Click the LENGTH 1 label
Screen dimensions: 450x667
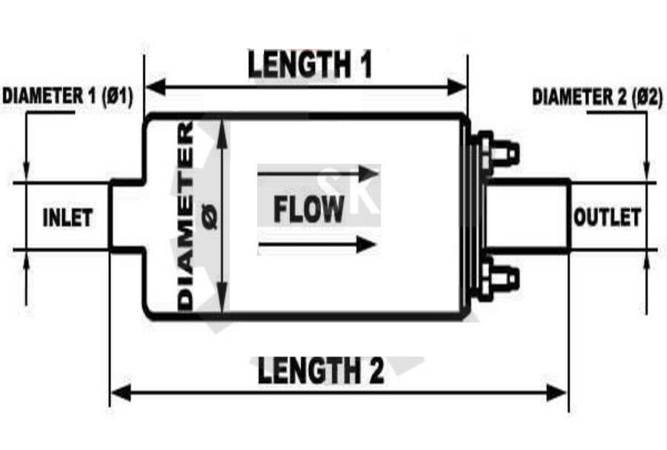point(309,65)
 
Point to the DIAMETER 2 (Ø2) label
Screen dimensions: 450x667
point(597,97)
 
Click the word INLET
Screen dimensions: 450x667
point(67,218)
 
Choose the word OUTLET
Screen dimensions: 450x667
point(607,217)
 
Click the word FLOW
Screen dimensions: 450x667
point(309,210)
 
